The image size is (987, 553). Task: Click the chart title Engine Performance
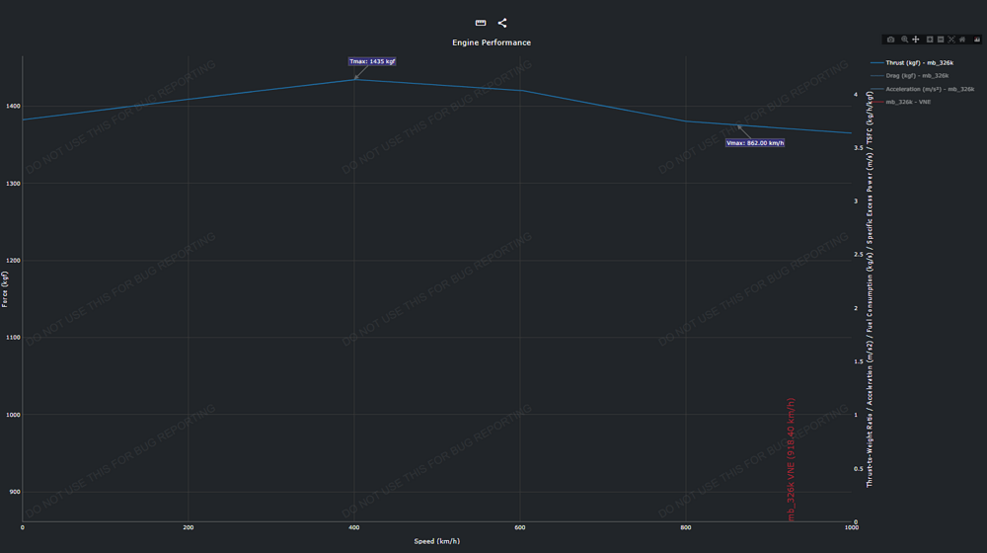(492, 42)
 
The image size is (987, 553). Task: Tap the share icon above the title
(502, 23)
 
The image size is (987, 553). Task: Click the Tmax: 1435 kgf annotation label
(372, 61)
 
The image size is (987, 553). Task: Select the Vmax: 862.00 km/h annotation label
(755, 143)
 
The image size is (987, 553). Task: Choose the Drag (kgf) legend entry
(917, 75)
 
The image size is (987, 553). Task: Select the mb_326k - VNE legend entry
(908, 102)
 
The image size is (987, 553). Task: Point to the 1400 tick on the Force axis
(11, 106)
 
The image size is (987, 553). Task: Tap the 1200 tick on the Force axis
(11, 261)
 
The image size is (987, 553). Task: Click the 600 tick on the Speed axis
(519, 529)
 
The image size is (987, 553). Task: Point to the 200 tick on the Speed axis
(188, 529)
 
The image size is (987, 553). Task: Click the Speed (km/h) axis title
(436, 541)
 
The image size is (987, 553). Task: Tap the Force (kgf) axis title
(5, 289)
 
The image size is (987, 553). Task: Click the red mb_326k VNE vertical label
(791, 459)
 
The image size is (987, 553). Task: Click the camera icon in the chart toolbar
(890, 39)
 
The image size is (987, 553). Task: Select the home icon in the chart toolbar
(962, 39)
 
